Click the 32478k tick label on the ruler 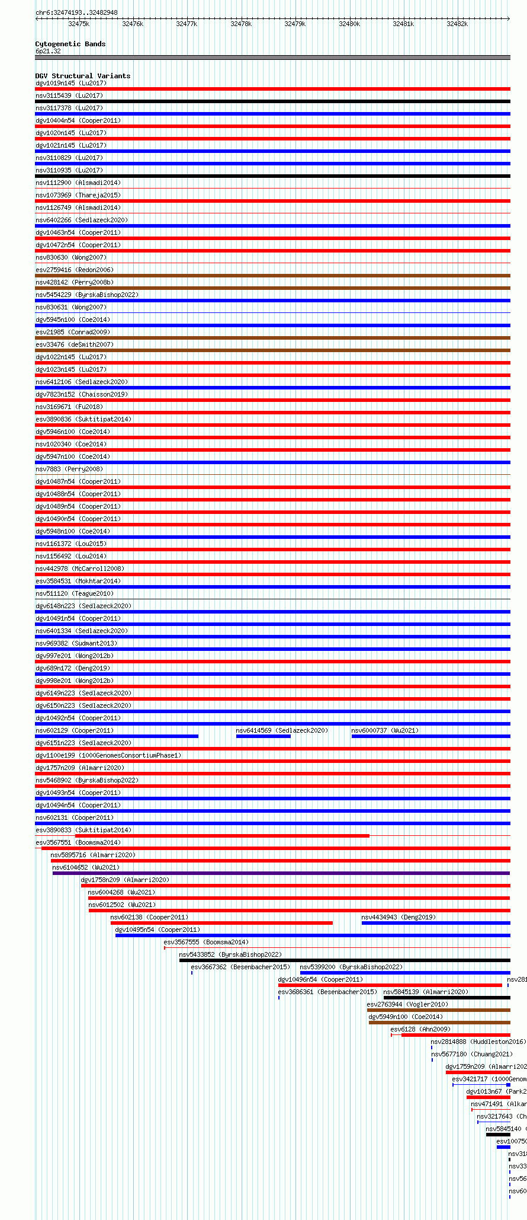(x=241, y=24)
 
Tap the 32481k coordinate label (x=403, y=24)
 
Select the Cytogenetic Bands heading (x=70, y=44)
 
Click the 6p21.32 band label (x=48, y=51)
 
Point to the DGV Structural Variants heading (x=82, y=76)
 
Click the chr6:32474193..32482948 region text (x=76, y=12)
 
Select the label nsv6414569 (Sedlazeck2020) (x=281, y=730)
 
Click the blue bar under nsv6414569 (x=263, y=736)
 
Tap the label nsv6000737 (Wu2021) (x=384, y=730)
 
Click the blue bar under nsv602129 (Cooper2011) (x=117, y=736)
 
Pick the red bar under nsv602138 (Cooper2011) (x=221, y=923)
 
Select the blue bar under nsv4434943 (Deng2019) (x=435, y=923)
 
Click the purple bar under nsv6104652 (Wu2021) (x=281, y=873)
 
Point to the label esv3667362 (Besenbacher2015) (x=240, y=967)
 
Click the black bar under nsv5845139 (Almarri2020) (x=446, y=998)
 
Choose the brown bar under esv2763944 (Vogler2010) (x=438, y=1010)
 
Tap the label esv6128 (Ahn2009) (x=420, y=1029)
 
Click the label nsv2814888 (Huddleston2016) (x=477, y=1042)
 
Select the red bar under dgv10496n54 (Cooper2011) (x=390, y=985)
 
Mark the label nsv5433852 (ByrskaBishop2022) (x=230, y=954)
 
